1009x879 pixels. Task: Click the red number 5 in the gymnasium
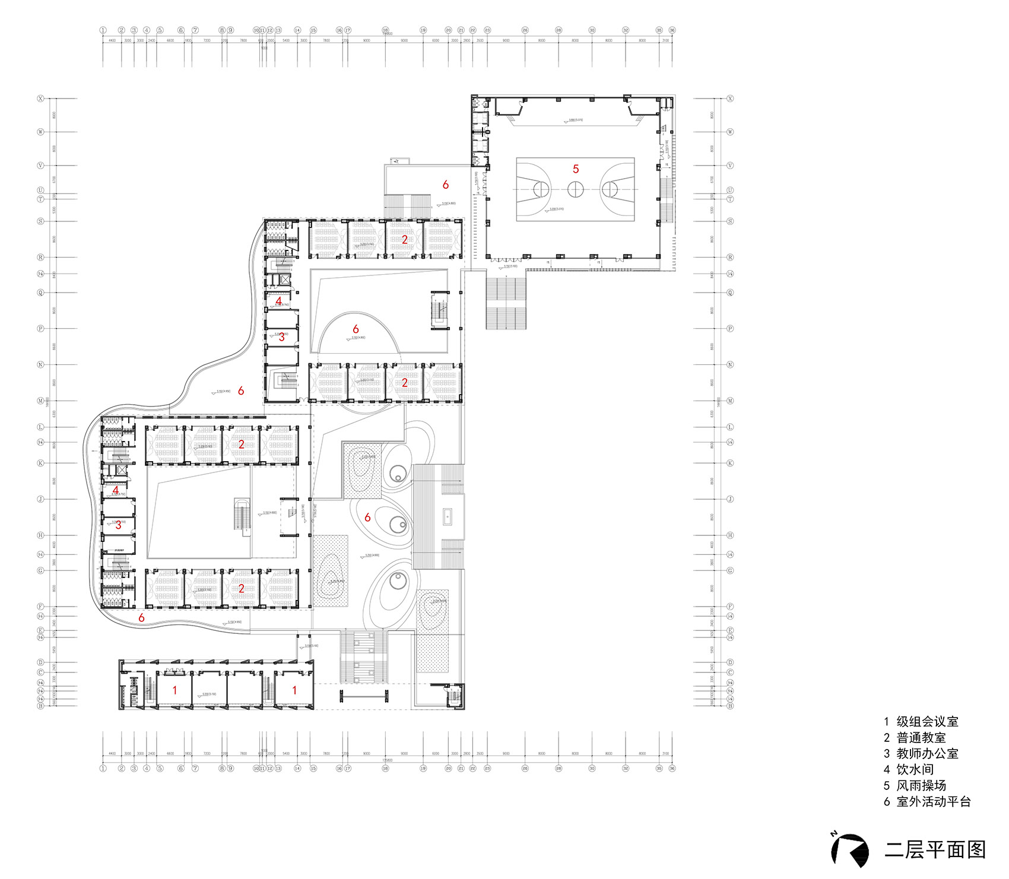[576, 169]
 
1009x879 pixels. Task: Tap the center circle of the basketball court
[575, 189]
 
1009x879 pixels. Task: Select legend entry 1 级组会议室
[921, 722]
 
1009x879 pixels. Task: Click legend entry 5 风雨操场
[915, 786]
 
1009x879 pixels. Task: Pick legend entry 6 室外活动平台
[927, 802]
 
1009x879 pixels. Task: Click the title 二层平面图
[935, 849]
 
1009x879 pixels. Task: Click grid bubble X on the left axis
[41, 99]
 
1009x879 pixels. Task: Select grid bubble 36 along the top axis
[672, 30]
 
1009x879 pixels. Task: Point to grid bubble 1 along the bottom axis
[103, 768]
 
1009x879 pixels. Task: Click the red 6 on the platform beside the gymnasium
[446, 185]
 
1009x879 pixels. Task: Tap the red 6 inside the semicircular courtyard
[356, 329]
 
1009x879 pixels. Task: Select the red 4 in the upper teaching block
[279, 302]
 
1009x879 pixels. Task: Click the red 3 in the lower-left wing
[118, 525]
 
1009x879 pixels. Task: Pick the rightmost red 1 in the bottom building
[294, 690]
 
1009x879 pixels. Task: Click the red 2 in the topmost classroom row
[405, 240]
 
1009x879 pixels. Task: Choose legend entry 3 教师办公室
[921, 754]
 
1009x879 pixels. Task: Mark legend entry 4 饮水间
[909, 770]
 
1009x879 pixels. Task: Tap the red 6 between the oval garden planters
[367, 518]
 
